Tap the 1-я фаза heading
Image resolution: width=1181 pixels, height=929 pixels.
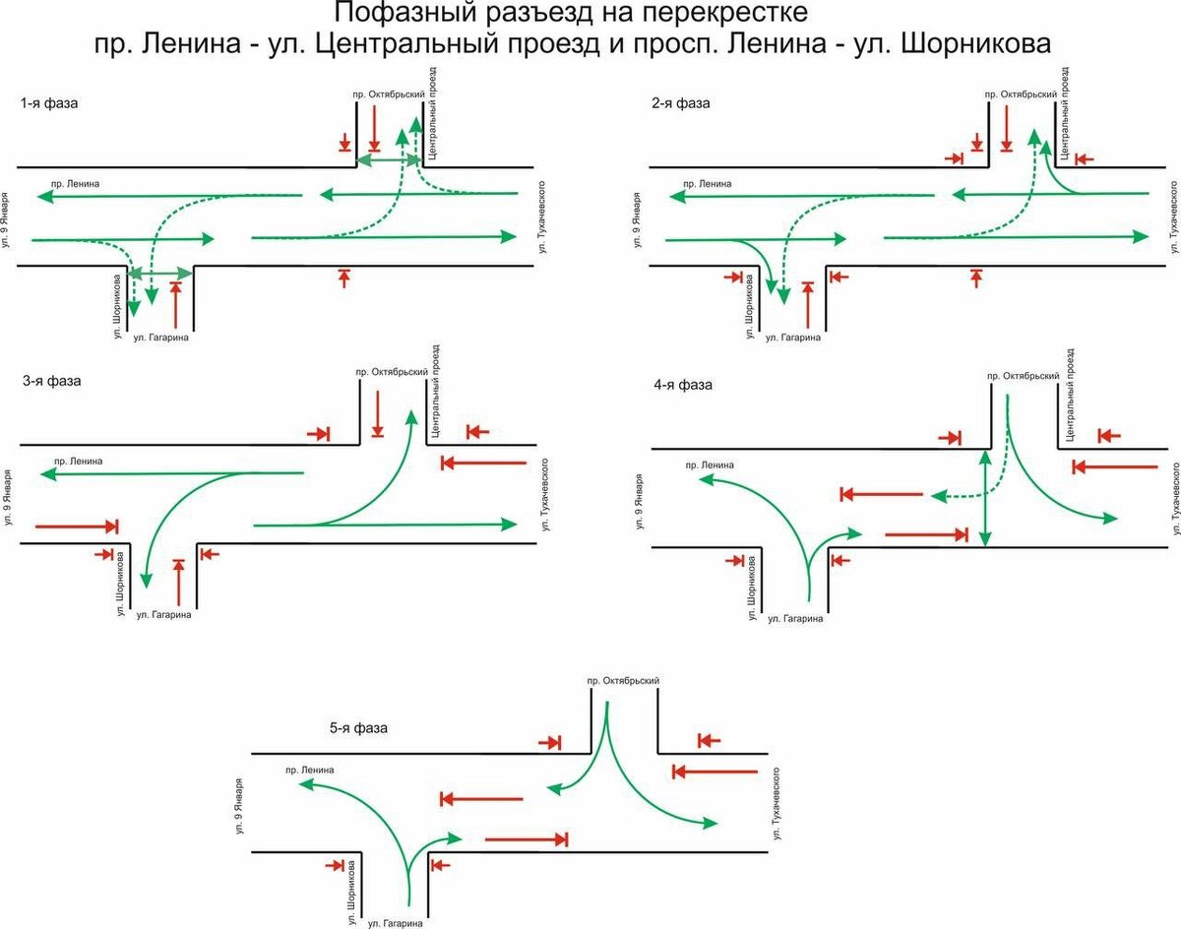point(47,103)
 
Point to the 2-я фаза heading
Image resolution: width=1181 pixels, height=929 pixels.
point(679,103)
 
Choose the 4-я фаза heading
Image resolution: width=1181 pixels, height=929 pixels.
point(680,385)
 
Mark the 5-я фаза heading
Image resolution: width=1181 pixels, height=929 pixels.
point(358,728)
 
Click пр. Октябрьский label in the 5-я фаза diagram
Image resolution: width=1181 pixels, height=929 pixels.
point(622,680)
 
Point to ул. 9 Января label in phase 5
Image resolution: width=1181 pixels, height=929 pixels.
point(240,807)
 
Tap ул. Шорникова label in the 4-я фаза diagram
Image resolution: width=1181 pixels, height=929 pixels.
point(751,588)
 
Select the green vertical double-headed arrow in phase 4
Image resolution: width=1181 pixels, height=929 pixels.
point(985,498)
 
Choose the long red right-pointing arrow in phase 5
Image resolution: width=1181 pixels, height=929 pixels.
point(527,839)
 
